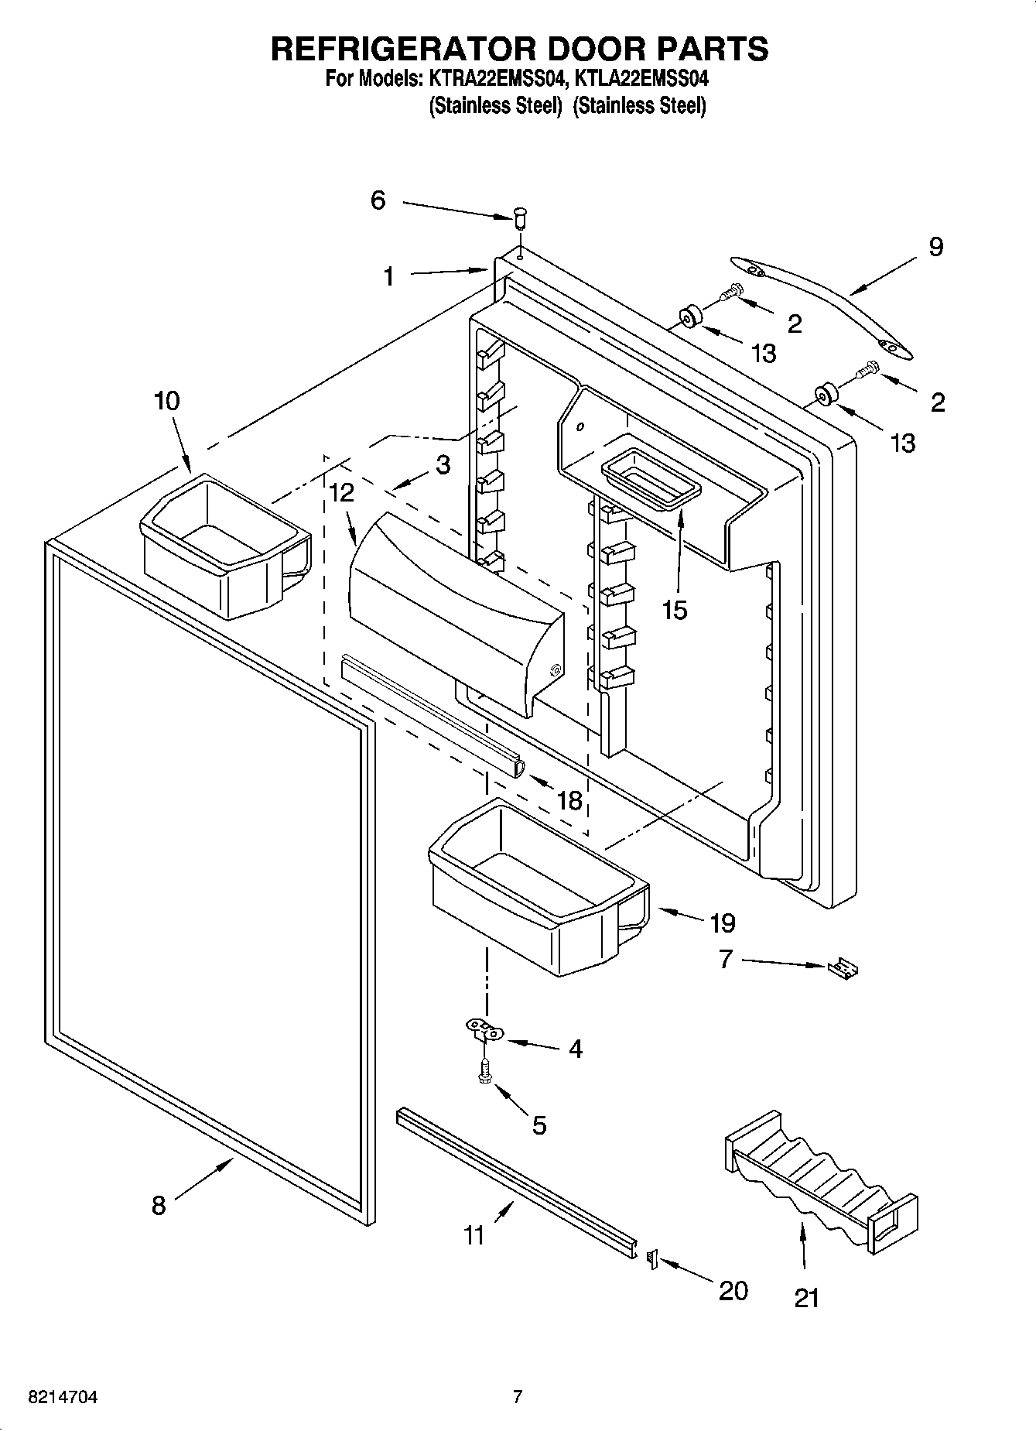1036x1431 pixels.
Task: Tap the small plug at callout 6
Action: click(x=521, y=217)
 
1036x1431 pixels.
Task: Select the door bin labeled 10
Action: click(x=224, y=545)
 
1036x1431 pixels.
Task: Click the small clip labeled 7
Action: click(x=845, y=967)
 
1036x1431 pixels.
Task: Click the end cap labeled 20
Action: click(x=651, y=1261)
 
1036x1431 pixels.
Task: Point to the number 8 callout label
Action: click(x=158, y=1205)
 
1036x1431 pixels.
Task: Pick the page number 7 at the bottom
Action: click(x=518, y=1397)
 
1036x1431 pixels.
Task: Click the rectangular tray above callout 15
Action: click(x=651, y=480)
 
